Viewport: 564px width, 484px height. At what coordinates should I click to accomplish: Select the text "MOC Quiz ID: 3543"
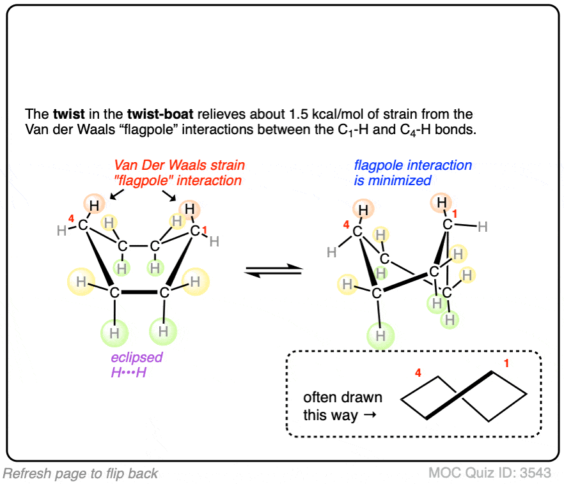[x=489, y=473]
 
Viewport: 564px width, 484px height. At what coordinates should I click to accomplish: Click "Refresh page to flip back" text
[x=81, y=473]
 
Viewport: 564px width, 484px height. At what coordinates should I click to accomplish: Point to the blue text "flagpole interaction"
[x=413, y=165]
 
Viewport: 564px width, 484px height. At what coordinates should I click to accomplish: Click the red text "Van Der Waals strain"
[x=180, y=165]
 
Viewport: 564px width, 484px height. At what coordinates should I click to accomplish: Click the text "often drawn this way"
[x=343, y=406]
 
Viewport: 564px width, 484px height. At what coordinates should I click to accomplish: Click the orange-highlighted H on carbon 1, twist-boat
[x=441, y=204]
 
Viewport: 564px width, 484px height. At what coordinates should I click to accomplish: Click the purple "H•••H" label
[x=128, y=372]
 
